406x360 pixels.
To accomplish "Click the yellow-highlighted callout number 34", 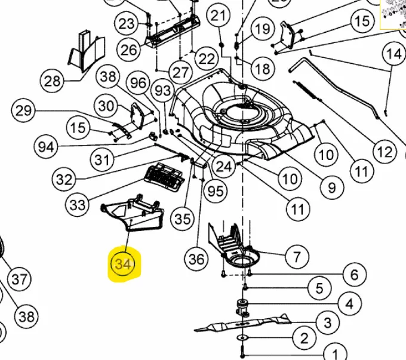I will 123,263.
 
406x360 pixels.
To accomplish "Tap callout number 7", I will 297,257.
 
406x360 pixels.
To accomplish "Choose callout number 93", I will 162,91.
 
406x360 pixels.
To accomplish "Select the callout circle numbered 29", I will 23,110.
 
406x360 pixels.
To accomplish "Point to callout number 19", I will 261,29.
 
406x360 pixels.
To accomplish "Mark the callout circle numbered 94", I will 44,146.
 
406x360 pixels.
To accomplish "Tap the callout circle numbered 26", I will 129,49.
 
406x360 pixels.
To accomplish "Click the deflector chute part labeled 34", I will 133,215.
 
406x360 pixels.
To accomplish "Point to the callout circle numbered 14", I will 393,54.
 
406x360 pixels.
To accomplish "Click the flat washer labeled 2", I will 245,339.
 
